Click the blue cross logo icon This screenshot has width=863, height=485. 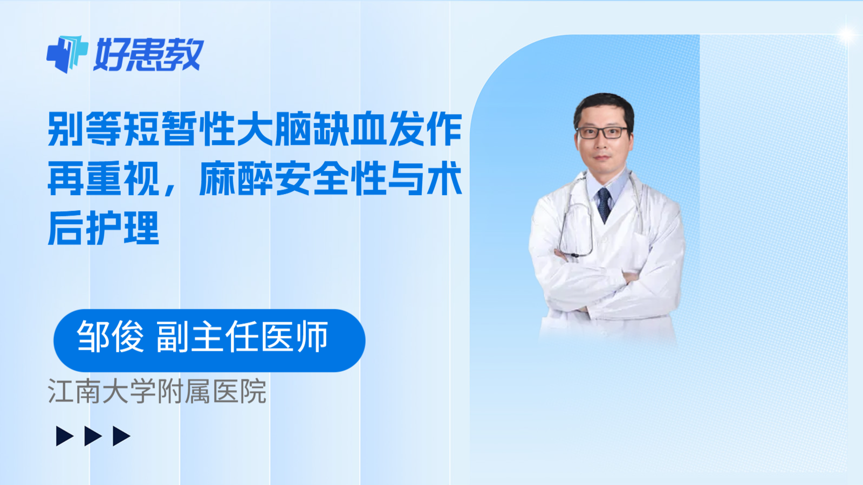tap(67, 54)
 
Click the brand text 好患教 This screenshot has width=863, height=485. tap(149, 54)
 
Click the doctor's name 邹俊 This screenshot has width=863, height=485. tap(111, 337)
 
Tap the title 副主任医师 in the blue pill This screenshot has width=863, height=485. tap(242, 337)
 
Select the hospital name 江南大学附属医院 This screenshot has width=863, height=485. tap(157, 391)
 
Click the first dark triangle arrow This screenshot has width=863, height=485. tap(64, 436)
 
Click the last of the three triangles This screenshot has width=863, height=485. tap(121, 436)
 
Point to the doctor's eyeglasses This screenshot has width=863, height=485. tap(602, 132)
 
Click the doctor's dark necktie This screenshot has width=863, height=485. tap(604, 204)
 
